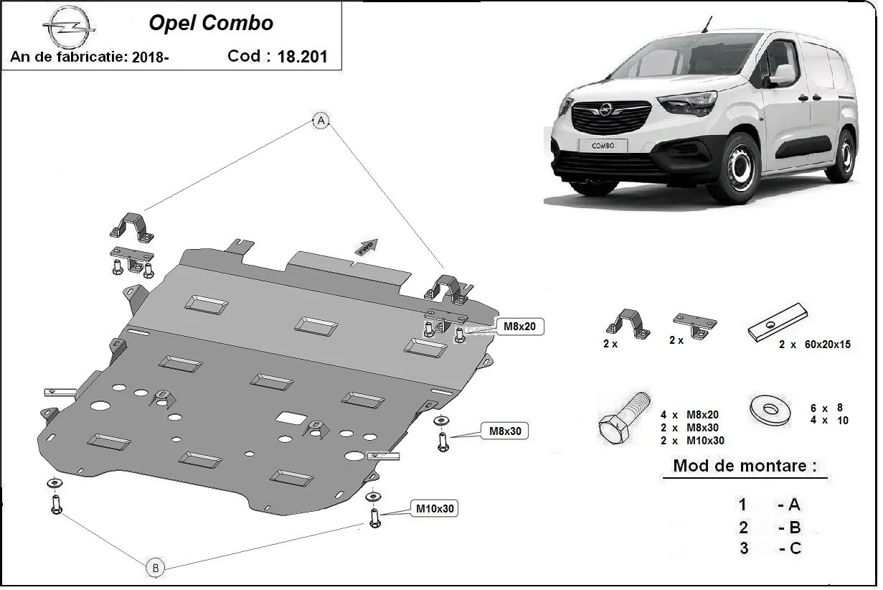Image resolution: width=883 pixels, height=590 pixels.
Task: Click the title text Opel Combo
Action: (x=212, y=23)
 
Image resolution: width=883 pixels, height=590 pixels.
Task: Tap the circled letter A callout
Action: (x=321, y=121)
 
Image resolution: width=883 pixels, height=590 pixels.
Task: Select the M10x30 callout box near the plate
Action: (x=435, y=509)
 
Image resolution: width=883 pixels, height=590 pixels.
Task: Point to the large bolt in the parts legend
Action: (x=623, y=419)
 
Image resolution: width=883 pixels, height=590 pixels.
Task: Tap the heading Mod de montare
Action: (x=744, y=466)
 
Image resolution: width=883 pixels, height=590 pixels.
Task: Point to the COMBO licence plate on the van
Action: (x=604, y=145)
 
